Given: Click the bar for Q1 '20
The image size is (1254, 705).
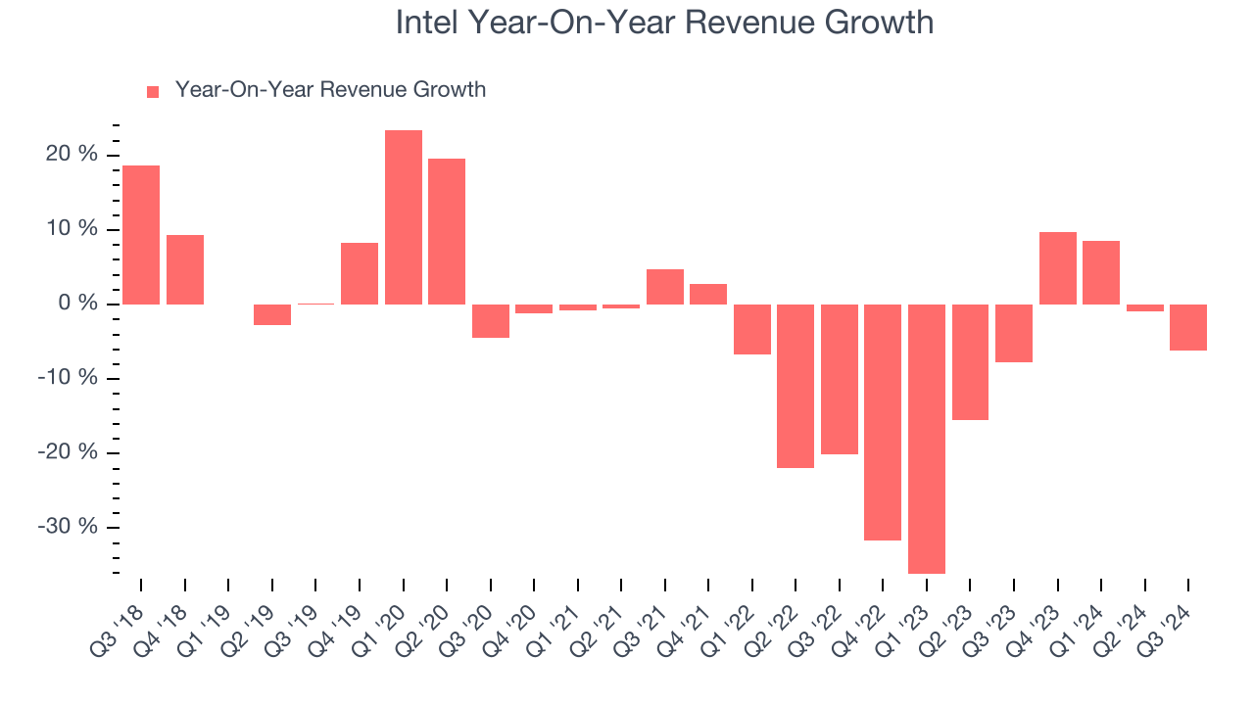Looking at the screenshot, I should [404, 217].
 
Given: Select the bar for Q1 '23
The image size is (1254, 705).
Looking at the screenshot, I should [927, 439].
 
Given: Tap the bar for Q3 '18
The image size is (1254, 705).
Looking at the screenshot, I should [141, 235].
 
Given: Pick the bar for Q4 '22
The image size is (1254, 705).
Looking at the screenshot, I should [883, 422].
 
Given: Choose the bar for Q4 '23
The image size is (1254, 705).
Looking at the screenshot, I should [1058, 268].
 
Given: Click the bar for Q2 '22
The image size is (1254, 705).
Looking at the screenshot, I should [796, 386].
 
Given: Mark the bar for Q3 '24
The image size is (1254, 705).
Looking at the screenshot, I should [1188, 327].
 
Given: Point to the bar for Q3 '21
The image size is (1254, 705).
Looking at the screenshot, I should [665, 287].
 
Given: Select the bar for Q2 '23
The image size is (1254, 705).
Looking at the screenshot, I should [970, 362].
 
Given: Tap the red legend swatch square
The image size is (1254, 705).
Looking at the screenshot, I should [153, 92].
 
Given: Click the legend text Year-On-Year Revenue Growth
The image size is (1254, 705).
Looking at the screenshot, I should [330, 90].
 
